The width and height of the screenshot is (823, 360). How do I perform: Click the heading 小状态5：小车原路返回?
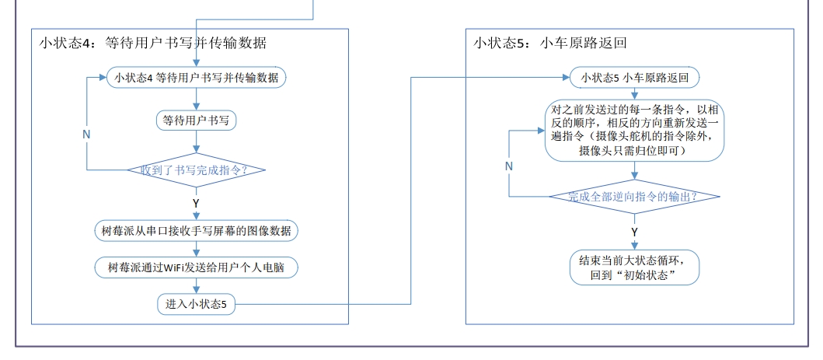click(549, 43)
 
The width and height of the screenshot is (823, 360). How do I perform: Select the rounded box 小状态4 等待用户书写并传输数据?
click(197, 77)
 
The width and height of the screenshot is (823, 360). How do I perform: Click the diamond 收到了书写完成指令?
click(197, 170)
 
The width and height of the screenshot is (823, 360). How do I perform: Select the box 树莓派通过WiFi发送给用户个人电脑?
click(197, 267)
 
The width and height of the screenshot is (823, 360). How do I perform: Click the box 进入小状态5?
click(197, 304)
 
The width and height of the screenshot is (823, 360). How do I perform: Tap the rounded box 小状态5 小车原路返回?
click(634, 78)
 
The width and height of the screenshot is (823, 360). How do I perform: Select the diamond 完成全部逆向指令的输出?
click(634, 196)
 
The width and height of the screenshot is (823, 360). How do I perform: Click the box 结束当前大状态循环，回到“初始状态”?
click(634, 267)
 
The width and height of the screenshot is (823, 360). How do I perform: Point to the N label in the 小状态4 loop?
click(86, 134)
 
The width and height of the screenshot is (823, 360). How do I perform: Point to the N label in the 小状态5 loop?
click(509, 166)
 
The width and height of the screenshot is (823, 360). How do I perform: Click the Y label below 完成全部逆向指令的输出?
click(634, 232)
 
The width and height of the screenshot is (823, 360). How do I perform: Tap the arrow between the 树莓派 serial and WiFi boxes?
click(197, 249)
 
